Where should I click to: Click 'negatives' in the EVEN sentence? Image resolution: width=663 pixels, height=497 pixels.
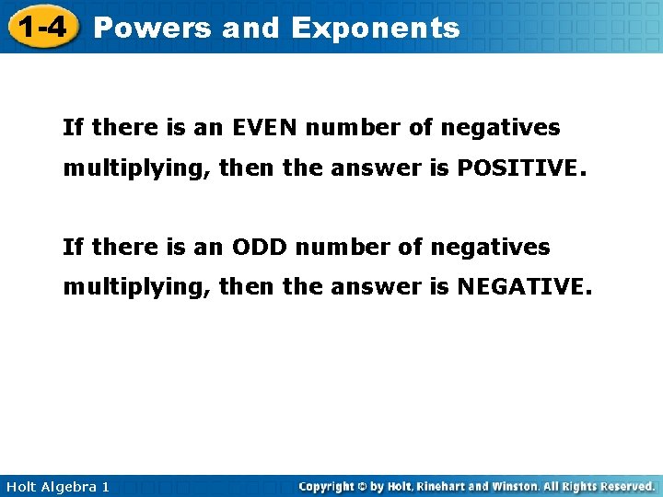coord(500,127)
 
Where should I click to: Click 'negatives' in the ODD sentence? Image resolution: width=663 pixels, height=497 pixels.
coord(490,247)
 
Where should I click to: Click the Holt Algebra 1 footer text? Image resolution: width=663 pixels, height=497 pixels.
coord(55,486)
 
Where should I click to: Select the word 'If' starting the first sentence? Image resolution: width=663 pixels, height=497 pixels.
coord(73,127)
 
